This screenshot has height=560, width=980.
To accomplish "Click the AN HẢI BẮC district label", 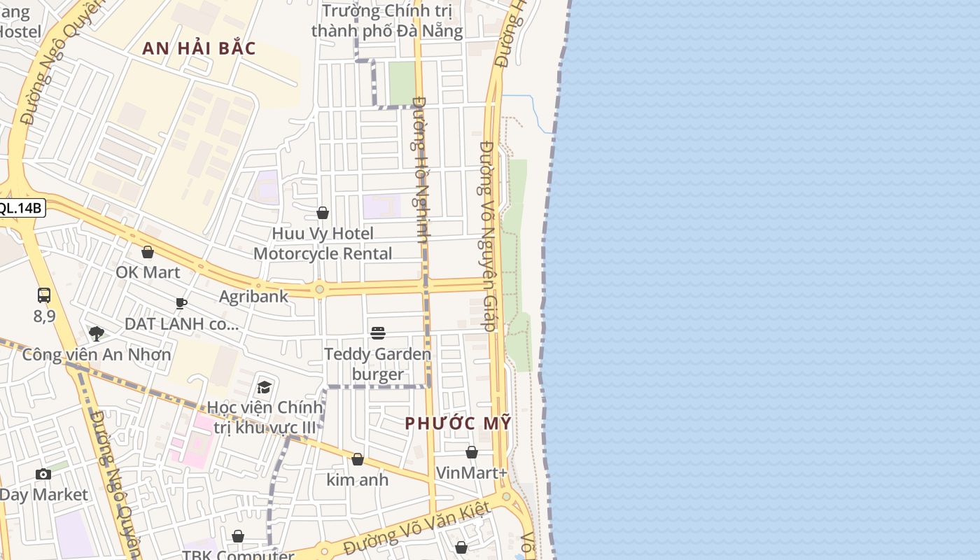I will [199, 48].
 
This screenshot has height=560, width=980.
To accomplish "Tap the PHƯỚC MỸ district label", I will [458, 423].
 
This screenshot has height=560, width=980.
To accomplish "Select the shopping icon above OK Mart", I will [148, 252].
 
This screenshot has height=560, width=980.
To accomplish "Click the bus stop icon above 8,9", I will [44, 295].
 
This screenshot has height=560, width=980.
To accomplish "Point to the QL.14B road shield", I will [21, 208].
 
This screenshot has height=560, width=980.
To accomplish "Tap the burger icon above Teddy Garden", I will [378, 332].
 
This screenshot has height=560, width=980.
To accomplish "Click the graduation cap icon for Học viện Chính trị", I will [264, 387].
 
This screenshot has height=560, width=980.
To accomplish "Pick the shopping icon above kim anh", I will [358, 459].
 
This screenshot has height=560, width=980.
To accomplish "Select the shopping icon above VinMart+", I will [472, 452].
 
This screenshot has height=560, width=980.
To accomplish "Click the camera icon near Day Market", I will [43, 475].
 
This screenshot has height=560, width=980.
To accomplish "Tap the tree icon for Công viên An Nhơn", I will [97, 333].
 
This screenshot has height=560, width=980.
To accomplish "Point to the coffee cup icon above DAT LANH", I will [181, 303].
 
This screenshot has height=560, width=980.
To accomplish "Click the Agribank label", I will [253, 296].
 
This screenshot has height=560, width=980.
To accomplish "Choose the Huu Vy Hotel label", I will [323, 233].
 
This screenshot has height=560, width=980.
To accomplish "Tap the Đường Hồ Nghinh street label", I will [421, 169].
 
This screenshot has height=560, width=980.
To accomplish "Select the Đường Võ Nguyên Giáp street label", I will [488, 236].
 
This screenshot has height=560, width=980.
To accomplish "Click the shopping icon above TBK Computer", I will [238, 536].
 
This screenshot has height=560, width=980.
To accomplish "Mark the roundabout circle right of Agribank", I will [320, 289].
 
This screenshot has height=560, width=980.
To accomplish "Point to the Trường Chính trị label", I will [387, 21].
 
